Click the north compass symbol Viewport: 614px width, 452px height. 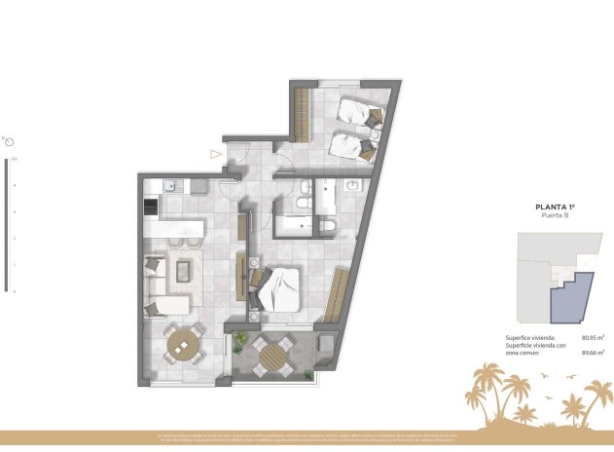(9, 142)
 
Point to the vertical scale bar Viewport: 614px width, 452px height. (8, 224)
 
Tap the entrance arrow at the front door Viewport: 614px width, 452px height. (216, 153)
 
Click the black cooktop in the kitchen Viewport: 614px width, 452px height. (150, 207)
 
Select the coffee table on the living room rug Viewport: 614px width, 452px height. (183, 272)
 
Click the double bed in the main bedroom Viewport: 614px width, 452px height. (282, 290)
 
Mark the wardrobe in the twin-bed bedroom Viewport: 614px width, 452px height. (302, 115)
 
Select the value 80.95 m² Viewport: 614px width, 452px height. (593, 337)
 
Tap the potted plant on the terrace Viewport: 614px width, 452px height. (239, 340)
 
